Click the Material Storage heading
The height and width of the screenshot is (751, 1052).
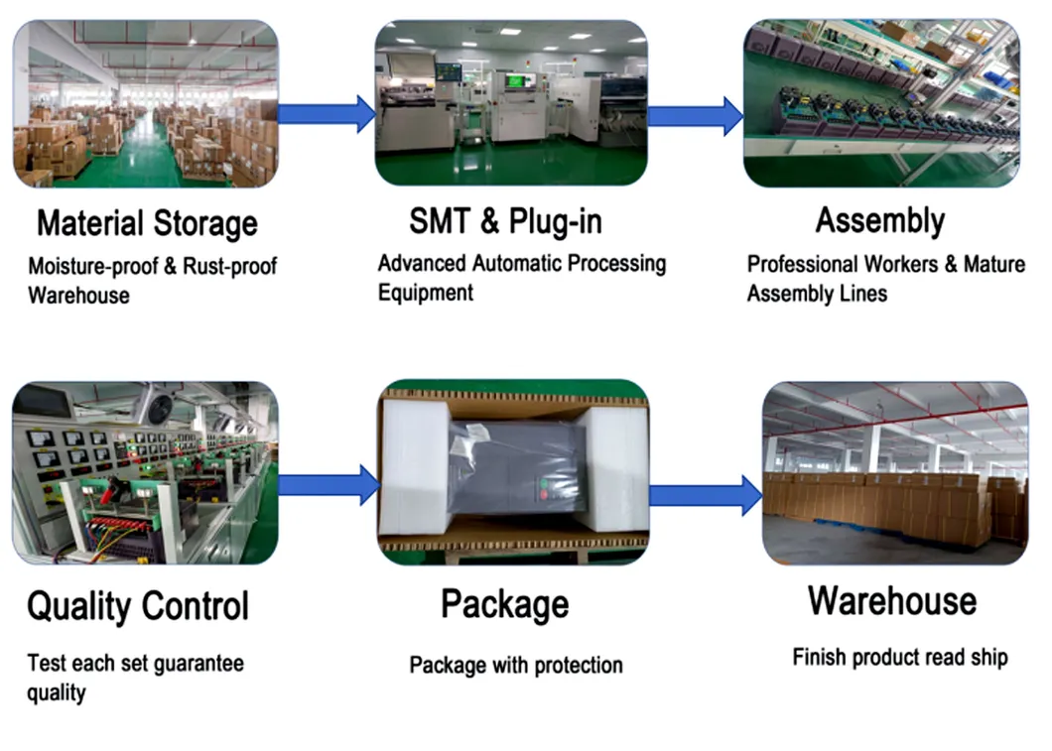(x=147, y=223)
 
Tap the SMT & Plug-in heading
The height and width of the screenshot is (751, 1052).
(x=505, y=221)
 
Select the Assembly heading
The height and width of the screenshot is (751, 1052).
(x=879, y=220)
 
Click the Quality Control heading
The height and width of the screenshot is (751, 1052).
(x=138, y=605)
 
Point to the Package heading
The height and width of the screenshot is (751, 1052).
(x=505, y=603)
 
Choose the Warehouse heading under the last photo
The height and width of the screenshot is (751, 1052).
(x=891, y=600)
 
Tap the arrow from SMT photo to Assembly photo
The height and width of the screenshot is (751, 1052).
(x=695, y=115)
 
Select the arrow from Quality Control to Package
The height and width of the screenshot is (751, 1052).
(x=328, y=484)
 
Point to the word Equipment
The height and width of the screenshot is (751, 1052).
(x=426, y=293)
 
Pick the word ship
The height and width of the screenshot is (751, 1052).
(x=988, y=658)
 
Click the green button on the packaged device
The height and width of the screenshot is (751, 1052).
(x=541, y=486)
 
